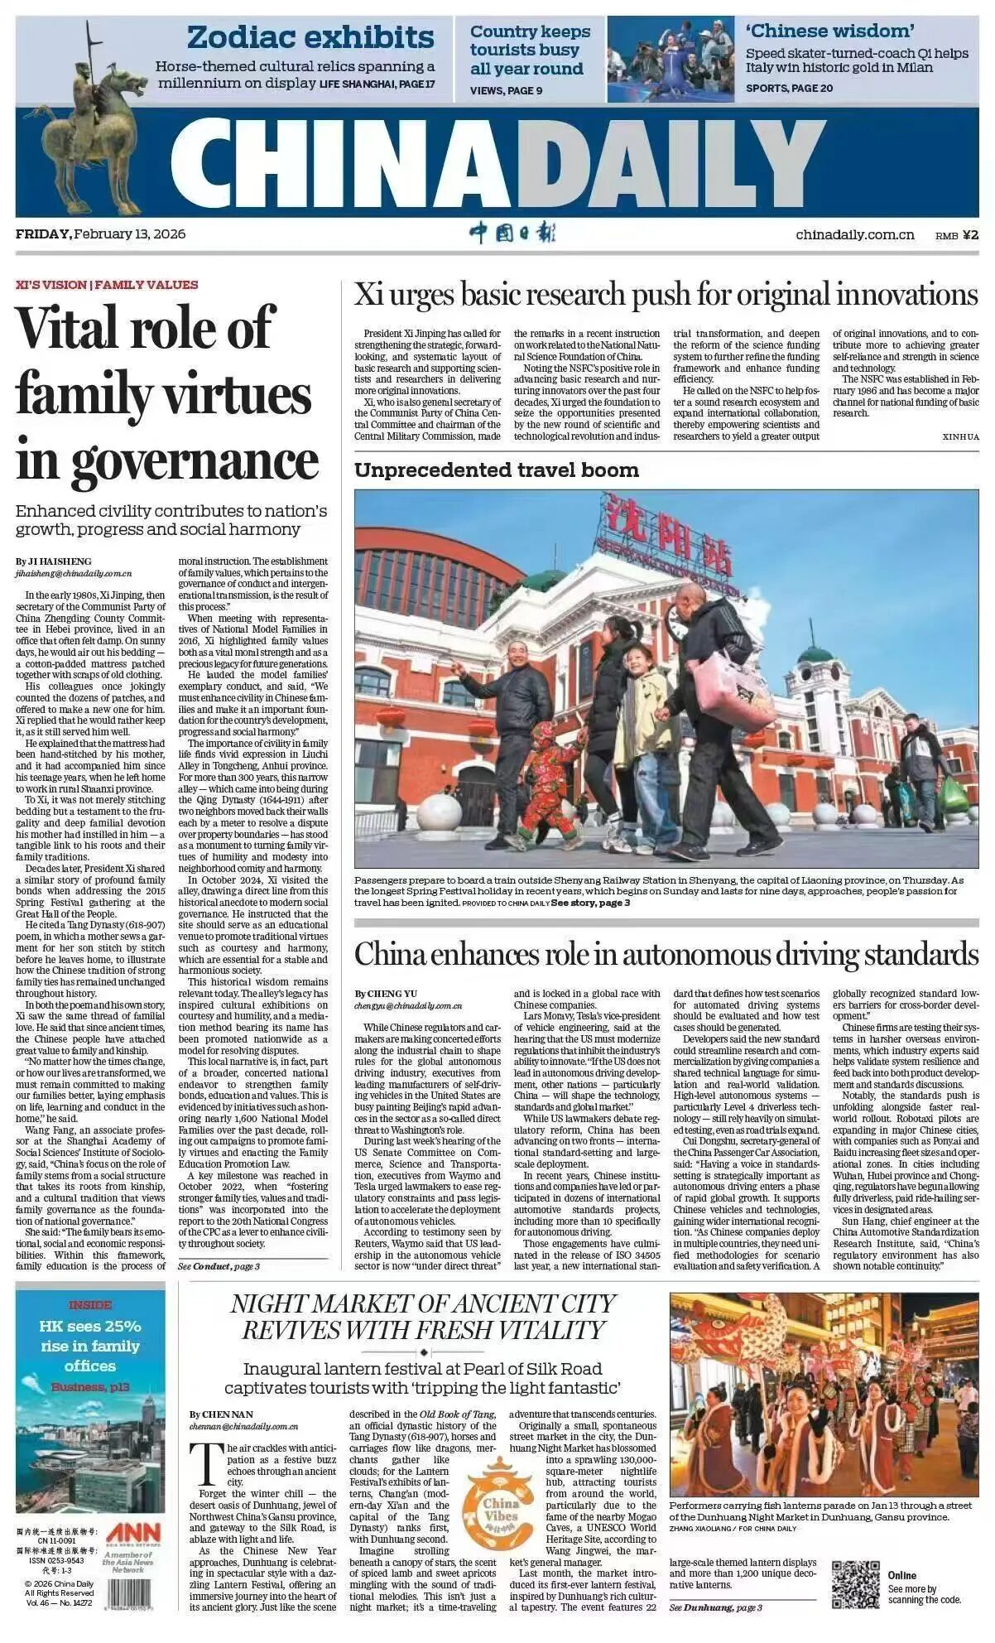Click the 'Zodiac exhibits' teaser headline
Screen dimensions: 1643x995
310,37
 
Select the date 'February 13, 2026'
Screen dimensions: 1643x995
129,234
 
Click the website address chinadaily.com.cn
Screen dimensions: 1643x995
854,234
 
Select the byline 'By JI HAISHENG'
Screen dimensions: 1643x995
53,561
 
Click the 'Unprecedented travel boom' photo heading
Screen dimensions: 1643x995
496,470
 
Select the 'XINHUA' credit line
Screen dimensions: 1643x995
959,436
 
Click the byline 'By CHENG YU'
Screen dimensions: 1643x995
386,993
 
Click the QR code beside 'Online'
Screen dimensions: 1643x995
855,1583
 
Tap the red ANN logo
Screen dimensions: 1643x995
132,1530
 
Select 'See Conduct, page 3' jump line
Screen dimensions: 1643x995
219,1266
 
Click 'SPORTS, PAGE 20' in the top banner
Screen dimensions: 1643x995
788,88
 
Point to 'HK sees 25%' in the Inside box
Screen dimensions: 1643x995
89,1326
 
